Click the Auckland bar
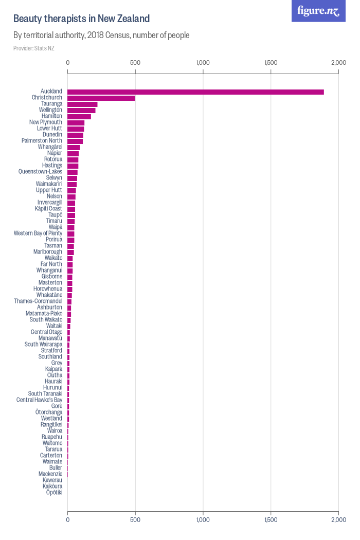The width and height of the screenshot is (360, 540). click(x=195, y=92)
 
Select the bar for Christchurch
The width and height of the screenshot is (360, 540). click(x=101, y=98)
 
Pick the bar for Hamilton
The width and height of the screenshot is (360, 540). click(x=79, y=116)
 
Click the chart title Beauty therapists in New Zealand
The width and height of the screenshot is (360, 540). click(x=81, y=19)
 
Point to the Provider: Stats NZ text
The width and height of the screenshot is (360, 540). click(x=33, y=48)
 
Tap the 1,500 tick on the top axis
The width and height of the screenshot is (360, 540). click(x=271, y=63)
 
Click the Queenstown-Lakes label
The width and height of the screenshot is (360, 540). click(x=40, y=172)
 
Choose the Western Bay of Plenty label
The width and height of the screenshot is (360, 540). click(x=38, y=233)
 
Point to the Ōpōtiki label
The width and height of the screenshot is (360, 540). click(x=54, y=493)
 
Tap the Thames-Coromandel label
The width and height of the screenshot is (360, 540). click(x=38, y=301)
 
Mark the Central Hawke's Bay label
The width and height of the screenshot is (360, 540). click(x=39, y=400)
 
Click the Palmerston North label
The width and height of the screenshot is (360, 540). click(x=42, y=141)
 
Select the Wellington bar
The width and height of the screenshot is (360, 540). click(x=82, y=110)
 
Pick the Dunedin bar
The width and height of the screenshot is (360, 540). click(x=76, y=135)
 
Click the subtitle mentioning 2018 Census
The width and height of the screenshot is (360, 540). click(x=101, y=35)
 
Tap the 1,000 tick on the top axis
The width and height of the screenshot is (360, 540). click(x=203, y=63)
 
